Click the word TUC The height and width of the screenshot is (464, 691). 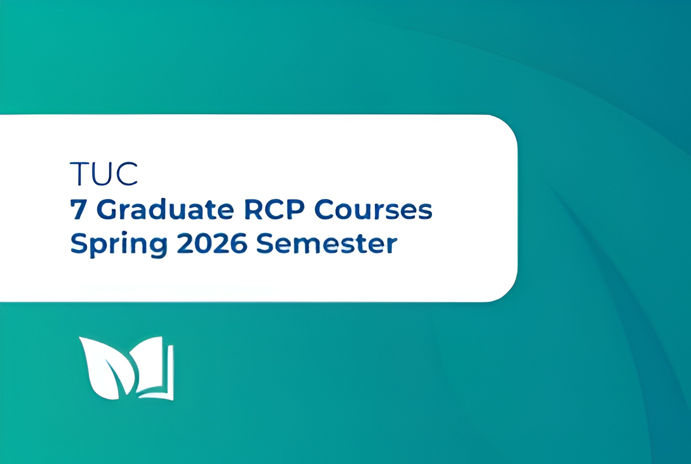(104, 174)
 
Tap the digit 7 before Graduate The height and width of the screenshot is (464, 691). (79, 209)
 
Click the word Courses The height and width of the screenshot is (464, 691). (374, 209)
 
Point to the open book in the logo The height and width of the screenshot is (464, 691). (154, 369)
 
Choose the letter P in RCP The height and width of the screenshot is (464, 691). (296, 209)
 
